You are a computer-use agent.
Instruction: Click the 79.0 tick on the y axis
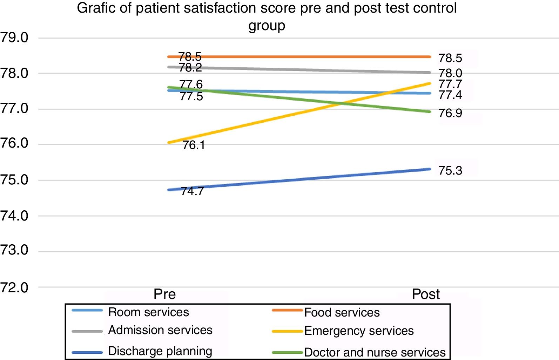click(14, 38)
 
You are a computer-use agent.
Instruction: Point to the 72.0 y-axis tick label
click(14, 288)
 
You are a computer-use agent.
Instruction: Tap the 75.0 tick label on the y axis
click(14, 180)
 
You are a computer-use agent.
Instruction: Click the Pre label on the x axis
click(164, 294)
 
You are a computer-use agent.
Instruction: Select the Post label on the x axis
click(425, 294)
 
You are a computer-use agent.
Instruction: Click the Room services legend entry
click(148, 312)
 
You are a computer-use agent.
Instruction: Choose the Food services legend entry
click(342, 312)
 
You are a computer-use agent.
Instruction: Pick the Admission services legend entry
click(160, 330)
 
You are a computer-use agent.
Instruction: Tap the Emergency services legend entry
click(359, 331)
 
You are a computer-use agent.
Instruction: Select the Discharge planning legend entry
click(160, 351)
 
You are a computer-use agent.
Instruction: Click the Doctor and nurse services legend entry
click(375, 352)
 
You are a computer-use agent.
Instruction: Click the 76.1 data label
click(194, 145)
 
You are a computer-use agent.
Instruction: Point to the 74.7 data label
click(192, 191)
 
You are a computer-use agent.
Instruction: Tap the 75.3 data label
click(450, 171)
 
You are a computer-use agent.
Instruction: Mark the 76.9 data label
click(450, 113)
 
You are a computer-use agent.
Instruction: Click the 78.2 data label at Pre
click(190, 68)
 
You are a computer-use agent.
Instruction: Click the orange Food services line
click(298, 56)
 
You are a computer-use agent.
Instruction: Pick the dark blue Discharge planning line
click(298, 180)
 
